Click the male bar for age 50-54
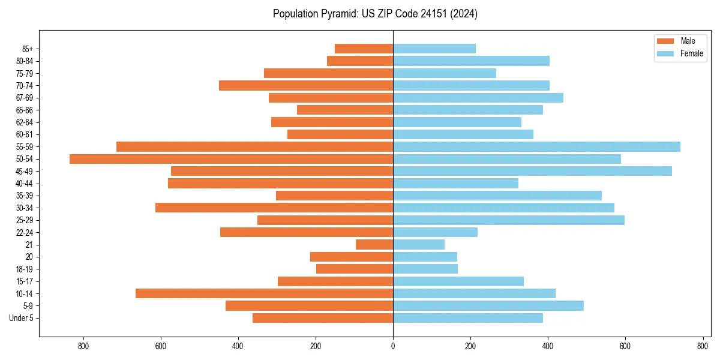point(231,159)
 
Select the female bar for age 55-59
point(536,146)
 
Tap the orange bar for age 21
point(374,245)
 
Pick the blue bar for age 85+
point(434,49)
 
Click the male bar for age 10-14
point(264,293)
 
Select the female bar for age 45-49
point(532,171)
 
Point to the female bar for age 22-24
point(435,232)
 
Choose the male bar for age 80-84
point(360,61)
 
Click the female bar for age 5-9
point(488,306)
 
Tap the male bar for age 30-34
point(274,208)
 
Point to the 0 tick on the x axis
point(393,346)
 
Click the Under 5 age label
point(21,318)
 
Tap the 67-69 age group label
point(25,98)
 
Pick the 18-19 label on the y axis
point(25,269)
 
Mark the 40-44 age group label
point(25,184)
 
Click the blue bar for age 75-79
point(445,73)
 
